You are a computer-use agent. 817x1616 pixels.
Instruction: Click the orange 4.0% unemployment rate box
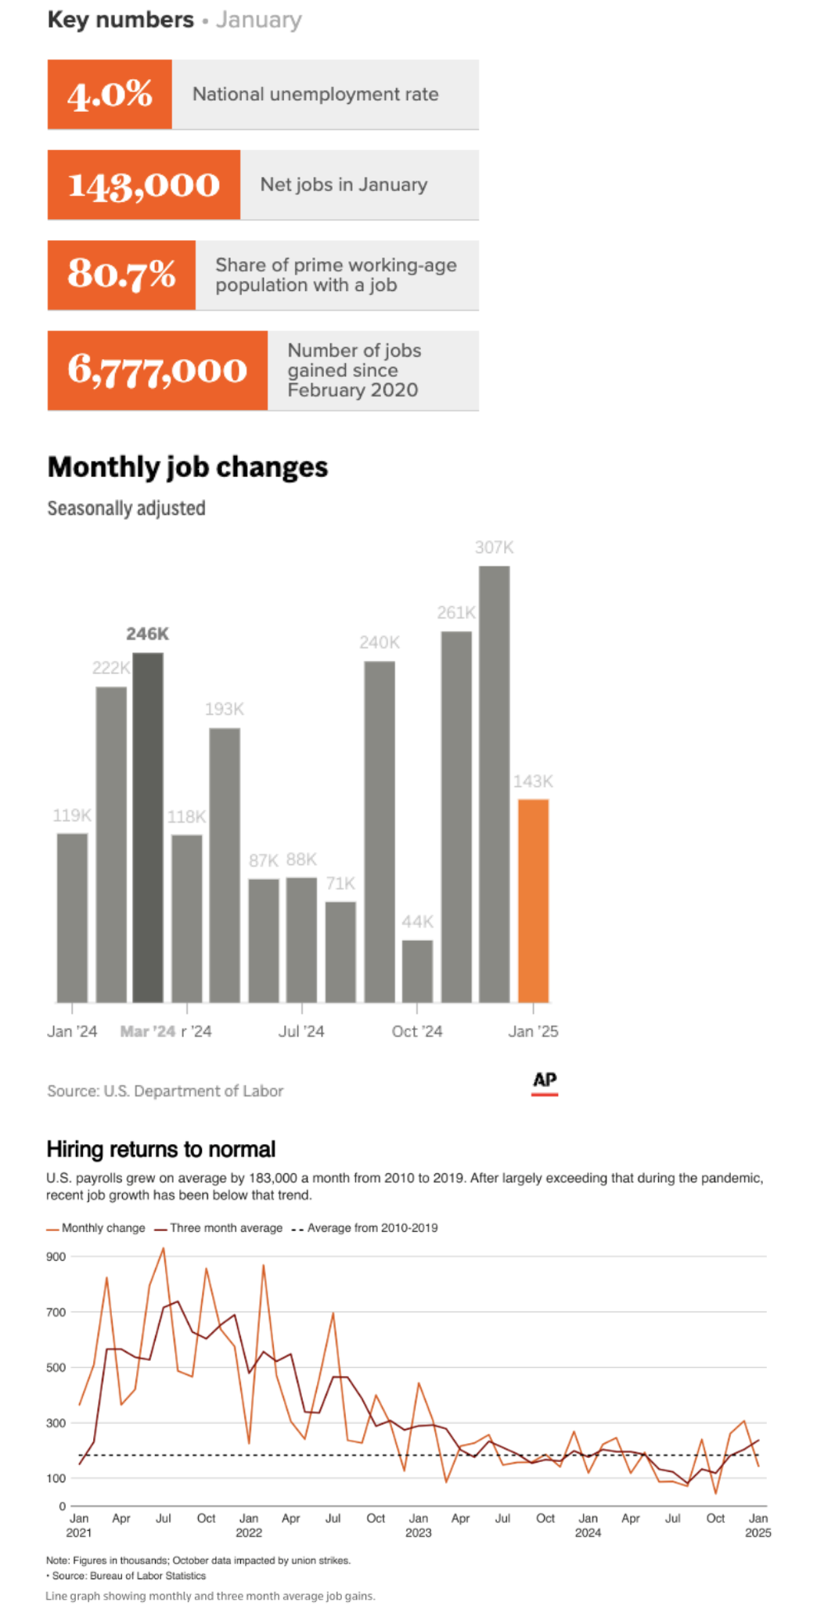point(110,95)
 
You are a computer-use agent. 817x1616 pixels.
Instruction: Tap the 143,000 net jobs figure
point(144,185)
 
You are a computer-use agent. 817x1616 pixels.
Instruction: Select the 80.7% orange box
point(121,275)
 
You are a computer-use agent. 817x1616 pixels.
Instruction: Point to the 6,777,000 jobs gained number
point(157,370)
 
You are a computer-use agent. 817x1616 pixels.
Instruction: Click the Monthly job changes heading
point(188,467)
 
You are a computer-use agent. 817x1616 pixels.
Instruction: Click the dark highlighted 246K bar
point(148,827)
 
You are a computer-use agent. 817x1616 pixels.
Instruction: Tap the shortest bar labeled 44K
point(417,971)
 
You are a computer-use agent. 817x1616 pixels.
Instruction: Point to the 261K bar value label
point(456,612)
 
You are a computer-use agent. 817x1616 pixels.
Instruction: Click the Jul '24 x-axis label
point(301,1032)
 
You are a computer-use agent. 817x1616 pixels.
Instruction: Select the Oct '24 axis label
point(417,1032)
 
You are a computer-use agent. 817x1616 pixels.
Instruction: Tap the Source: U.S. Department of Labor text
point(165,1091)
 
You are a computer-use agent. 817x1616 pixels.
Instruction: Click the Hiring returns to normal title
point(161,1149)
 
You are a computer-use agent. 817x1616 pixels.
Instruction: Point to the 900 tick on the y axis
point(56,1257)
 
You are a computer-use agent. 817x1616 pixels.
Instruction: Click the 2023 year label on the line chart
point(419,1533)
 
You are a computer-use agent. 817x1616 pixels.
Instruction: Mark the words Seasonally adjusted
point(126,508)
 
